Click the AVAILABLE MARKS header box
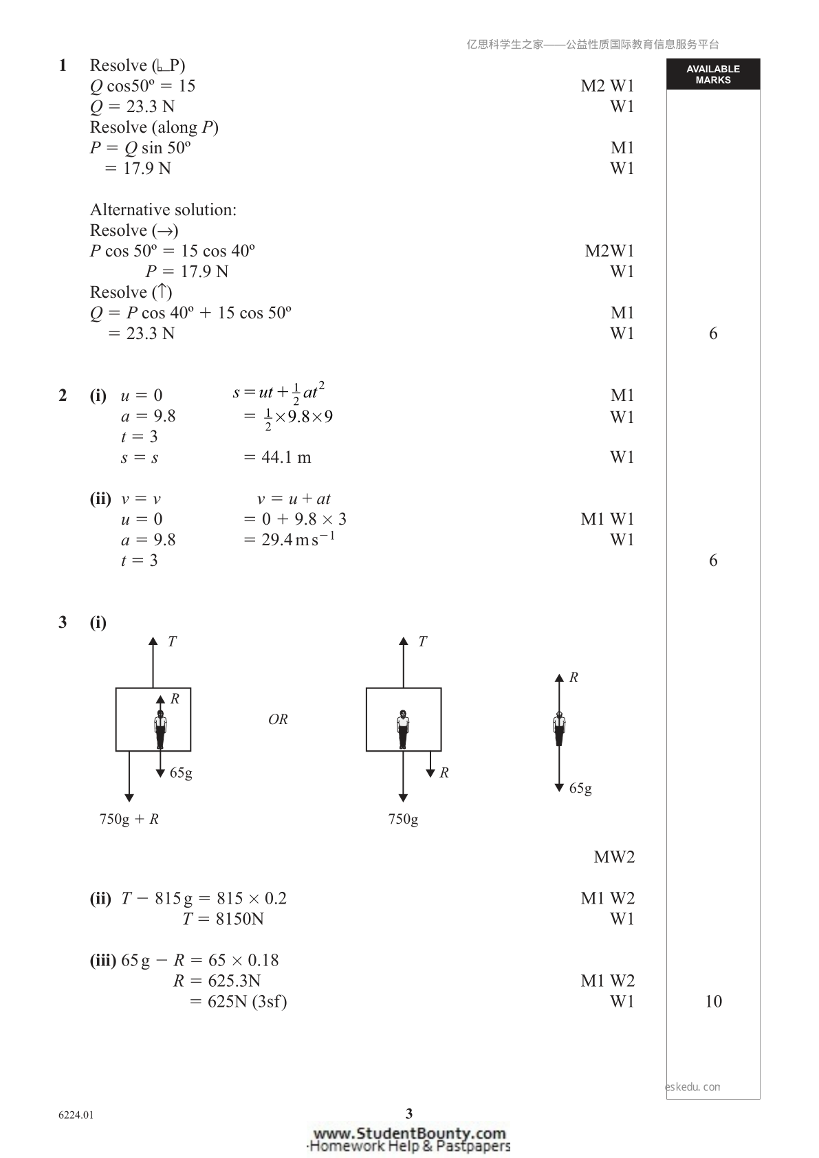pos(713,74)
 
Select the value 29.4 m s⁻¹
pos(298,538)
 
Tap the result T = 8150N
pos(223,919)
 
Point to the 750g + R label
pos(129,819)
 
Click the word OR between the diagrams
pos(278,719)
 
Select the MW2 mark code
pos(613,857)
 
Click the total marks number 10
pos(713,1001)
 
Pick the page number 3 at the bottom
pos(409,1113)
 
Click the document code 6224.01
pos(76,1115)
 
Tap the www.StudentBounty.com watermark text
pos(410,1133)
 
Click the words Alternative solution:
pos(164,209)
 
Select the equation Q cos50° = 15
pos(143,86)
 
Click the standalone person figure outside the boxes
pos(559,728)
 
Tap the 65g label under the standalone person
pos(580,788)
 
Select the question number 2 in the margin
pos(63,395)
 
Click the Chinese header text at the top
pos(593,45)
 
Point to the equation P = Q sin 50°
pos(140,148)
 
